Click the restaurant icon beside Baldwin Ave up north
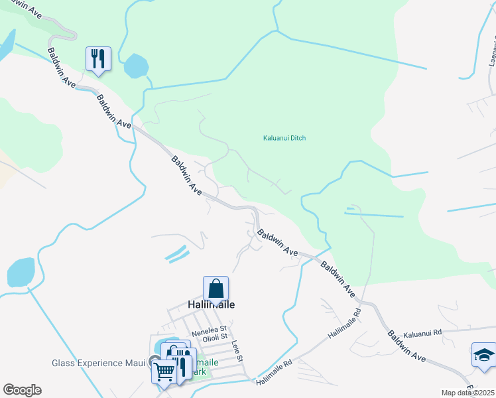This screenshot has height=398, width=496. (x=98, y=59)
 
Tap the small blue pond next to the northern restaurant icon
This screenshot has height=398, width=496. (x=136, y=65)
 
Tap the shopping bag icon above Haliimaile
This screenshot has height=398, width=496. (x=216, y=289)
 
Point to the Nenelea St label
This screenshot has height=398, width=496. (x=209, y=328)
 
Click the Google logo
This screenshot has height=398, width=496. (x=22, y=390)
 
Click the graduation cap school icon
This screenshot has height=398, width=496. (x=483, y=355)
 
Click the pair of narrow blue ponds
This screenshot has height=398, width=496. (x=176, y=253)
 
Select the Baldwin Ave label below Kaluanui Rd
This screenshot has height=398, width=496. (x=407, y=347)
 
